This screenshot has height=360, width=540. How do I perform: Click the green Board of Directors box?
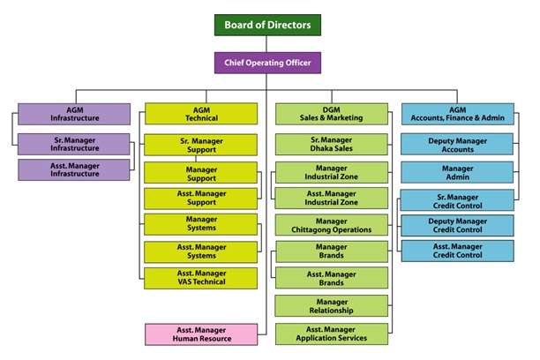pyautogui.click(x=267, y=25)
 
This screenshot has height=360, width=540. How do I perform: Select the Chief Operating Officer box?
pyautogui.click(x=267, y=63)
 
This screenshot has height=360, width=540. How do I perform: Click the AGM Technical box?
pyautogui.click(x=201, y=113)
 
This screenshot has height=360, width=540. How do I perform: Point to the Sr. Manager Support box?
pyautogui.click(x=201, y=145)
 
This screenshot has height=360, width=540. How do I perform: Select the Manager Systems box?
pyautogui.click(x=201, y=224)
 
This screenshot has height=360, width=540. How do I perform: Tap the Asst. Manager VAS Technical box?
pyautogui.click(x=201, y=277)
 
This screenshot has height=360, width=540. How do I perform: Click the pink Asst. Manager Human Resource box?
pyautogui.click(x=201, y=334)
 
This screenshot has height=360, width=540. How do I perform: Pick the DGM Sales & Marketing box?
pyautogui.click(x=332, y=113)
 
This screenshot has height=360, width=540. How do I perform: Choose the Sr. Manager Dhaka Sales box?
pyautogui.click(x=332, y=145)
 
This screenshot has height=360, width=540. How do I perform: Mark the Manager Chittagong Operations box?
pyautogui.click(x=332, y=225)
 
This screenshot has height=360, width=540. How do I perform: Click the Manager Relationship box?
pyautogui.click(x=332, y=306)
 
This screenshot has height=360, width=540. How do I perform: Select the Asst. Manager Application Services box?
pyautogui.click(x=332, y=334)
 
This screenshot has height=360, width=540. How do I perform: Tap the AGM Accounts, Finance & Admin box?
pyautogui.click(x=458, y=113)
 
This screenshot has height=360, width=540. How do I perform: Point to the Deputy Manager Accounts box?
pyautogui.click(x=458, y=145)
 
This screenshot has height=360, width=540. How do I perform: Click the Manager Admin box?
pyautogui.click(x=458, y=171)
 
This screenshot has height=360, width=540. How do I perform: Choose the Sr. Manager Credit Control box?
pyautogui.click(x=458, y=199)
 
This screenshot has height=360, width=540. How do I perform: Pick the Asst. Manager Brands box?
pyautogui.click(x=332, y=279)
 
